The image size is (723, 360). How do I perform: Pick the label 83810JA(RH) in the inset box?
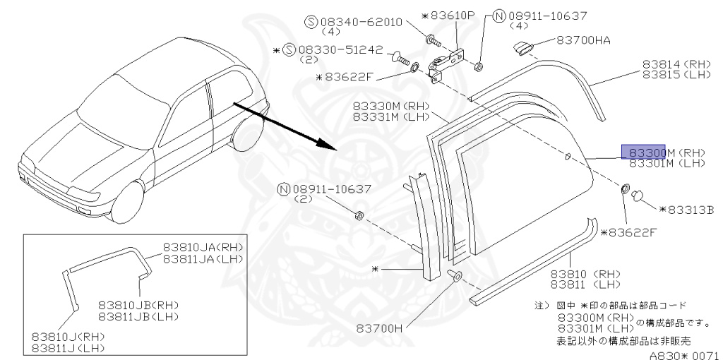tap(203, 248)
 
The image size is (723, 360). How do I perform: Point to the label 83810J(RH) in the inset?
tap(68, 337)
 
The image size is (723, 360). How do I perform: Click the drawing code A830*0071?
tap(685, 354)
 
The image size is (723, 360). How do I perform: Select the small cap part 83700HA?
tap(522, 47)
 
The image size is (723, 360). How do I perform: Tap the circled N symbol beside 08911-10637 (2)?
tap(284, 189)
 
